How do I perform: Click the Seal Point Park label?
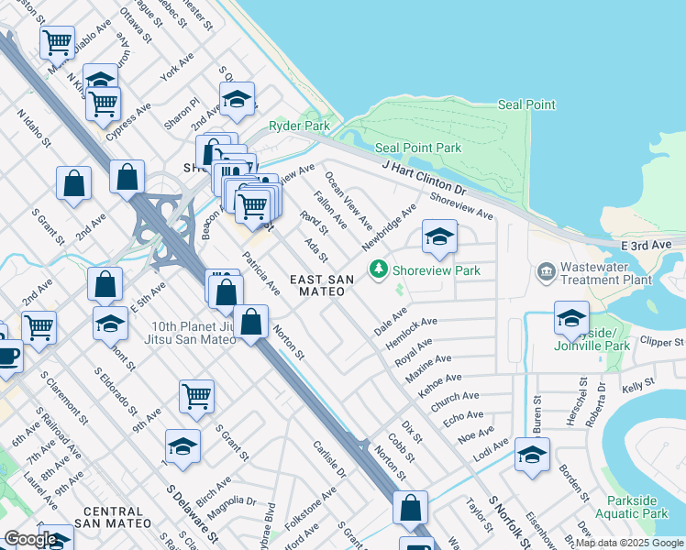tap(418, 148)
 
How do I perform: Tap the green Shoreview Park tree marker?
tap(377, 269)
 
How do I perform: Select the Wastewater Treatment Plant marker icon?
tap(547, 271)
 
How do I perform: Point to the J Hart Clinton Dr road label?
tap(425, 179)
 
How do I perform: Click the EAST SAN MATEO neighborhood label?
tap(317, 285)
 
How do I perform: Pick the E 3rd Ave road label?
tap(647, 246)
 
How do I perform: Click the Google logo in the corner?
tap(29, 539)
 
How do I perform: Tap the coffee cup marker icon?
tap(7, 356)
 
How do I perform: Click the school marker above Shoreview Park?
tap(439, 237)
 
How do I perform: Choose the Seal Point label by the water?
tap(526, 104)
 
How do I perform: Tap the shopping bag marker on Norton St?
tap(249, 323)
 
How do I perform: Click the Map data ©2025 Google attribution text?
tap(630, 543)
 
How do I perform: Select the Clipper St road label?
tap(660, 342)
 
